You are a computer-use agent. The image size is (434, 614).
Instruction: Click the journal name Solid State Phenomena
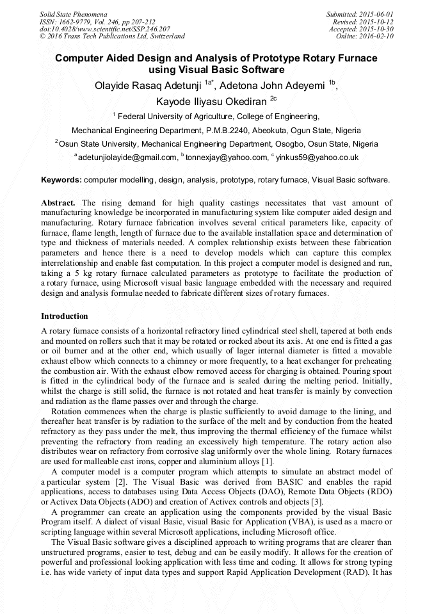[73, 13]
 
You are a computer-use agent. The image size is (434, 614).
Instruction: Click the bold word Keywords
[61, 181]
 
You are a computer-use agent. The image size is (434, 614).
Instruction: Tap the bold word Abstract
[59, 203]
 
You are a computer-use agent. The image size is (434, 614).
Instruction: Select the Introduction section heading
[65, 316]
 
